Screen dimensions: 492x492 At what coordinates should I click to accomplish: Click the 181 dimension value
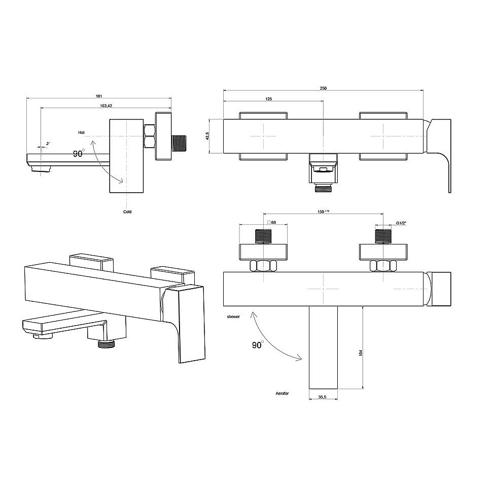coord(99,96)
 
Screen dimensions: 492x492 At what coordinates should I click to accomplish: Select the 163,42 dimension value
coord(106,106)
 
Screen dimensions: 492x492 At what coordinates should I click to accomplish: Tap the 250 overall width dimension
coord(323,88)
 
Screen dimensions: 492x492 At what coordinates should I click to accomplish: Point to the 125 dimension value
coord(269,99)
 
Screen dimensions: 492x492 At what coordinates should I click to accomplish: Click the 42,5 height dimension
coord(207,136)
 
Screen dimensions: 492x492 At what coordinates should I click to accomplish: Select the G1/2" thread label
coord(401,223)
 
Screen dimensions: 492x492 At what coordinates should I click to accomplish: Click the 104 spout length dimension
coord(361,353)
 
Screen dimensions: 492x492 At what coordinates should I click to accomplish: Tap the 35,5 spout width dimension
coord(322,397)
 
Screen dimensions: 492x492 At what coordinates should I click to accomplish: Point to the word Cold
coord(127,212)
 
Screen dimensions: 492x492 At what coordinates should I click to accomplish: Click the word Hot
coord(82,133)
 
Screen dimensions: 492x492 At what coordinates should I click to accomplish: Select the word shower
coord(233,317)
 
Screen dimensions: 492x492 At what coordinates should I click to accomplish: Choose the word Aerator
coord(282,393)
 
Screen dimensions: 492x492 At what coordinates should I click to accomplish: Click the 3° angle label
coord(48,144)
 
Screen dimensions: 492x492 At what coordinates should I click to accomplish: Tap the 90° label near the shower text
coord(258,345)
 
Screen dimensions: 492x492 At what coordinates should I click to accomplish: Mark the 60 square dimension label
coord(272,223)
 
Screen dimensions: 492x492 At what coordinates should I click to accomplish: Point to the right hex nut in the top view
coord(383,266)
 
